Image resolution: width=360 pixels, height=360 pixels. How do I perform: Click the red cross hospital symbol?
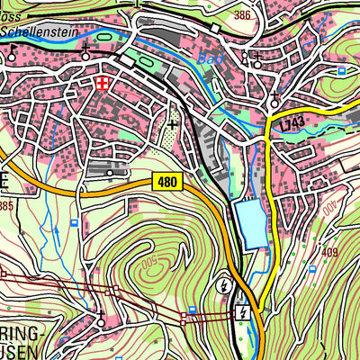pos(103,84)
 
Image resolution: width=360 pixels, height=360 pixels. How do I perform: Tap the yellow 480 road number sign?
pos(167,182)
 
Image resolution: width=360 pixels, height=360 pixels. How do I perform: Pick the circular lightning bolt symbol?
pos(223,286)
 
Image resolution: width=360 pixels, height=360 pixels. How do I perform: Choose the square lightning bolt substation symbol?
pos(240,312)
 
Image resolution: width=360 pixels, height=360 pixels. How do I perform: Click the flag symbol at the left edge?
pos(13,52)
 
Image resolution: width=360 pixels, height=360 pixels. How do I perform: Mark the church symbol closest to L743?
pos(273,97)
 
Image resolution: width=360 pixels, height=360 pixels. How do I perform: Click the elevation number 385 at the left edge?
pos(6,207)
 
